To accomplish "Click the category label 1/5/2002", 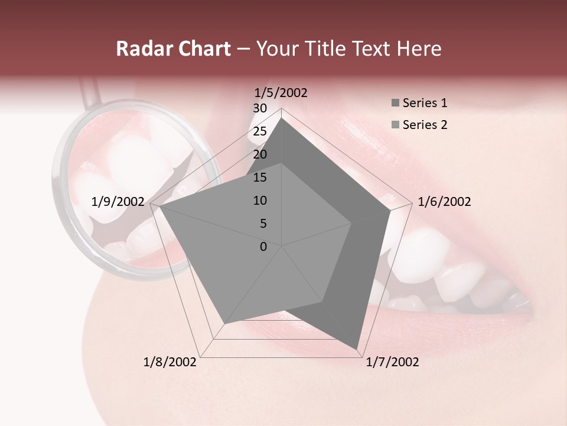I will point(281,92).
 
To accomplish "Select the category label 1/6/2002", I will point(444,202).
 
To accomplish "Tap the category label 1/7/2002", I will point(392,362).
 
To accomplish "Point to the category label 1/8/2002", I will point(170,362).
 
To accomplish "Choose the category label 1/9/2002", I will point(118,202).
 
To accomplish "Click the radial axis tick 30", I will point(260,108).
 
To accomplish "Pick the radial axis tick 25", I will point(260,131).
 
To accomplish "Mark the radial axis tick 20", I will point(260,154).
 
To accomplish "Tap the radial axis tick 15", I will point(260,177).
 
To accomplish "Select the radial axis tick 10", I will point(260,201).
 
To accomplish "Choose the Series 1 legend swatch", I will point(395,104).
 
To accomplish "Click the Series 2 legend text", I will point(425,125).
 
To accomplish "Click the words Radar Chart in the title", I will point(173,49).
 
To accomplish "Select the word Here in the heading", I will point(419,49).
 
